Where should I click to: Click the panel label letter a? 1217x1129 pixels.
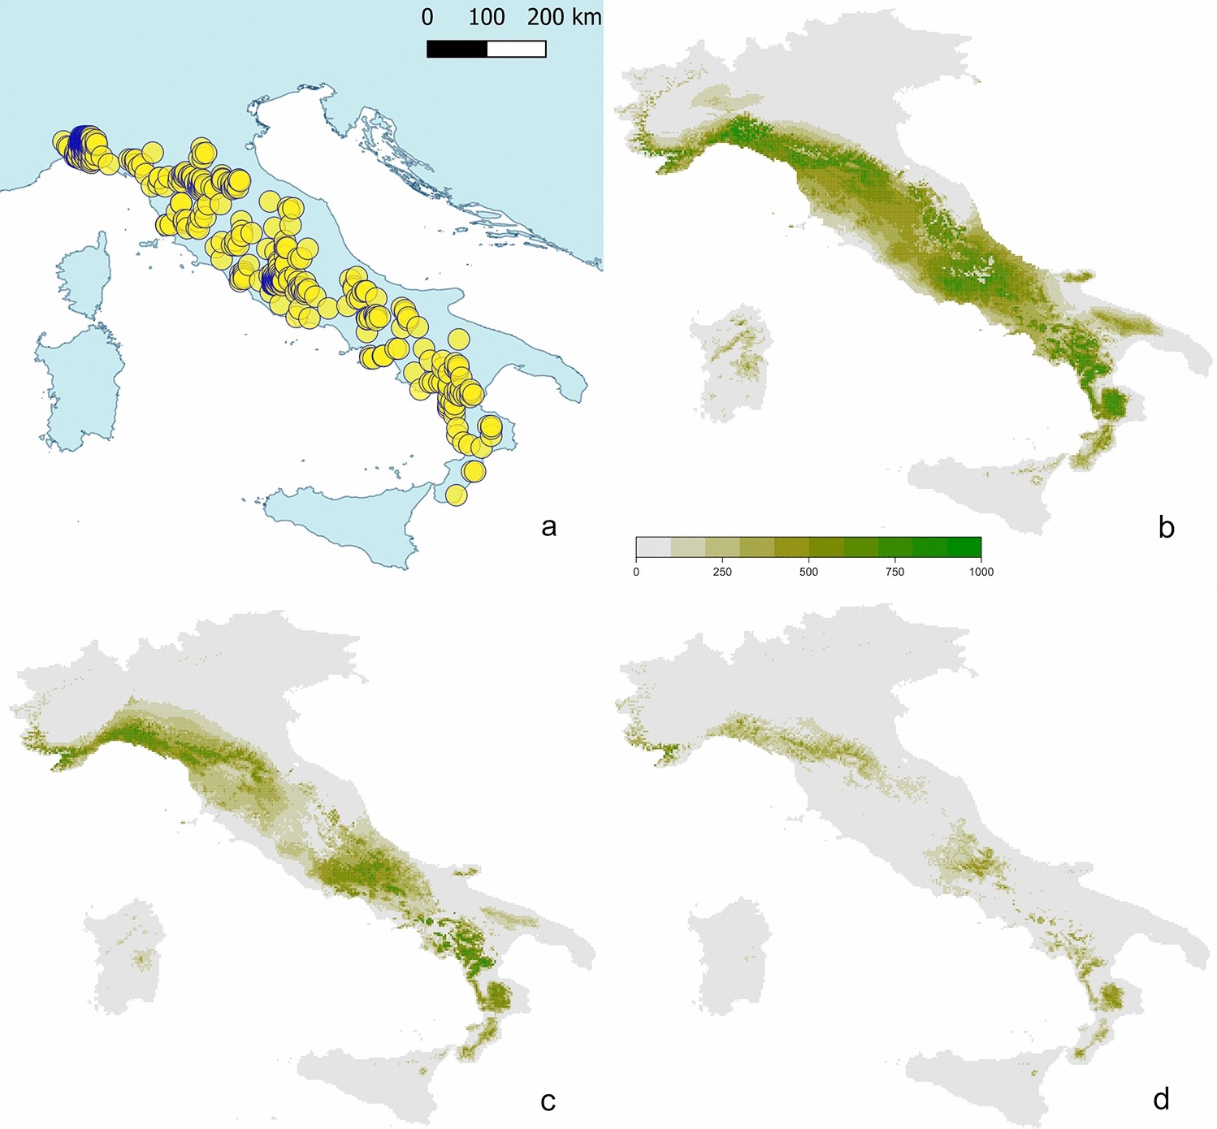pos(548,527)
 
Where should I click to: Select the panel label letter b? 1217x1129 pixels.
pos(1166,527)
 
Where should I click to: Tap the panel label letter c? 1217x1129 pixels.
pos(548,1101)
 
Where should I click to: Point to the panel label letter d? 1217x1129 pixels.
pos(1161,1099)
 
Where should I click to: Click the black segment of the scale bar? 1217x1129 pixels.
pos(457,49)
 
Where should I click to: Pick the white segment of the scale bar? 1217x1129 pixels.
pos(516,49)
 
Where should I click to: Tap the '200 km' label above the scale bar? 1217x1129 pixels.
pos(564,17)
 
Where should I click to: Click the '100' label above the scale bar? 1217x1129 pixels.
pos(487,17)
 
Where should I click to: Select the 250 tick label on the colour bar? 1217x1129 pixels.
pos(721,572)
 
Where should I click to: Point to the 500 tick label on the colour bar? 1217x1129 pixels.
pos(808,572)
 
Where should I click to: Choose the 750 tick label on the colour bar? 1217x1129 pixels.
pos(894,572)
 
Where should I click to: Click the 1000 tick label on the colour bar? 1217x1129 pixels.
pos(981,572)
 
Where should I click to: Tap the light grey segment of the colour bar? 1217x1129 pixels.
pos(653,547)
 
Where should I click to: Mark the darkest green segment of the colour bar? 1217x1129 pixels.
pos(964,547)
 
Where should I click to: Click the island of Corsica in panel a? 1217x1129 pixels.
pos(84,276)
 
